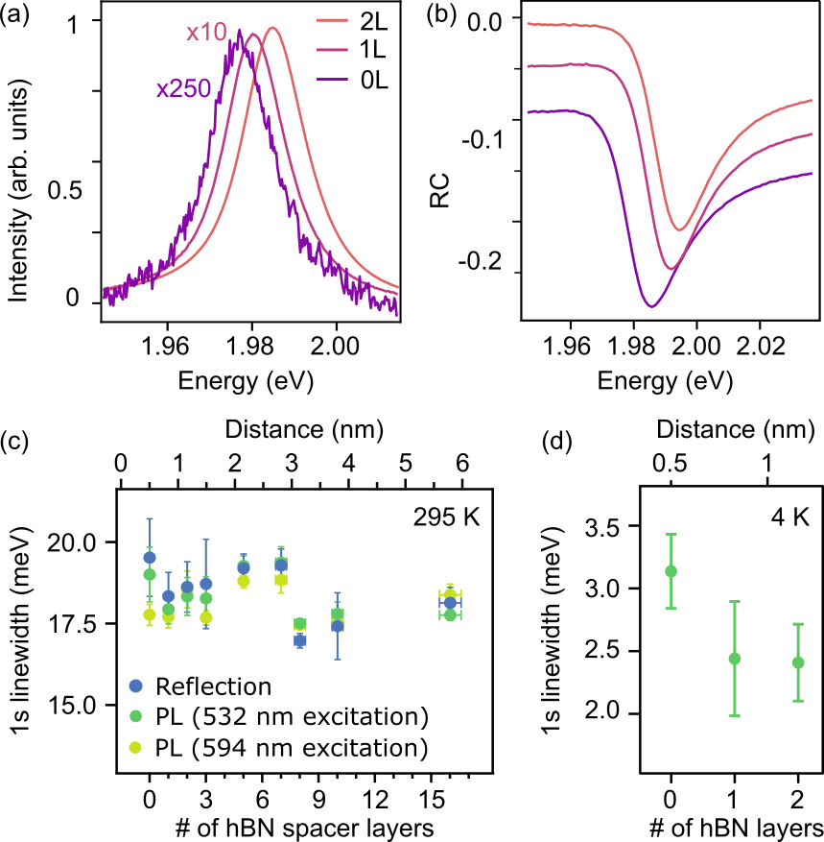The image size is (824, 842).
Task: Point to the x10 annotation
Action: pos(206,34)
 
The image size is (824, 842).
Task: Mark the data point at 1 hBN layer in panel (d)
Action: pos(734,659)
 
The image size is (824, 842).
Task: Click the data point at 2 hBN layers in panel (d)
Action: pos(798,662)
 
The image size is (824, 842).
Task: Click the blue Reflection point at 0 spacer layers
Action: pos(149,557)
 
